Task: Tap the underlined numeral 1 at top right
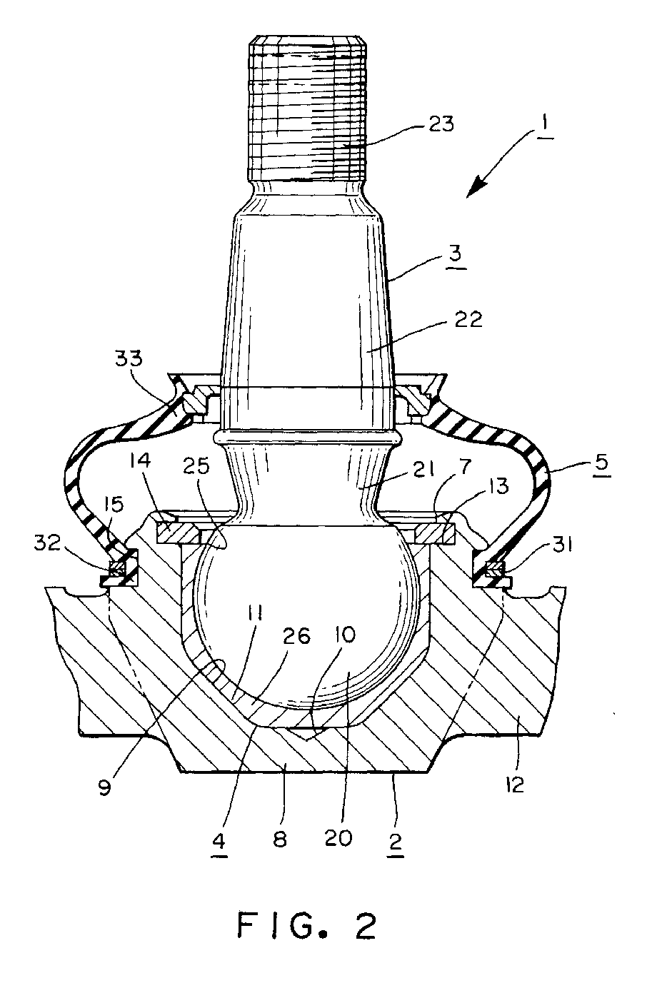coord(545,131)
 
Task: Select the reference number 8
coord(279,837)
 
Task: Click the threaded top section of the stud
coord(309,107)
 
